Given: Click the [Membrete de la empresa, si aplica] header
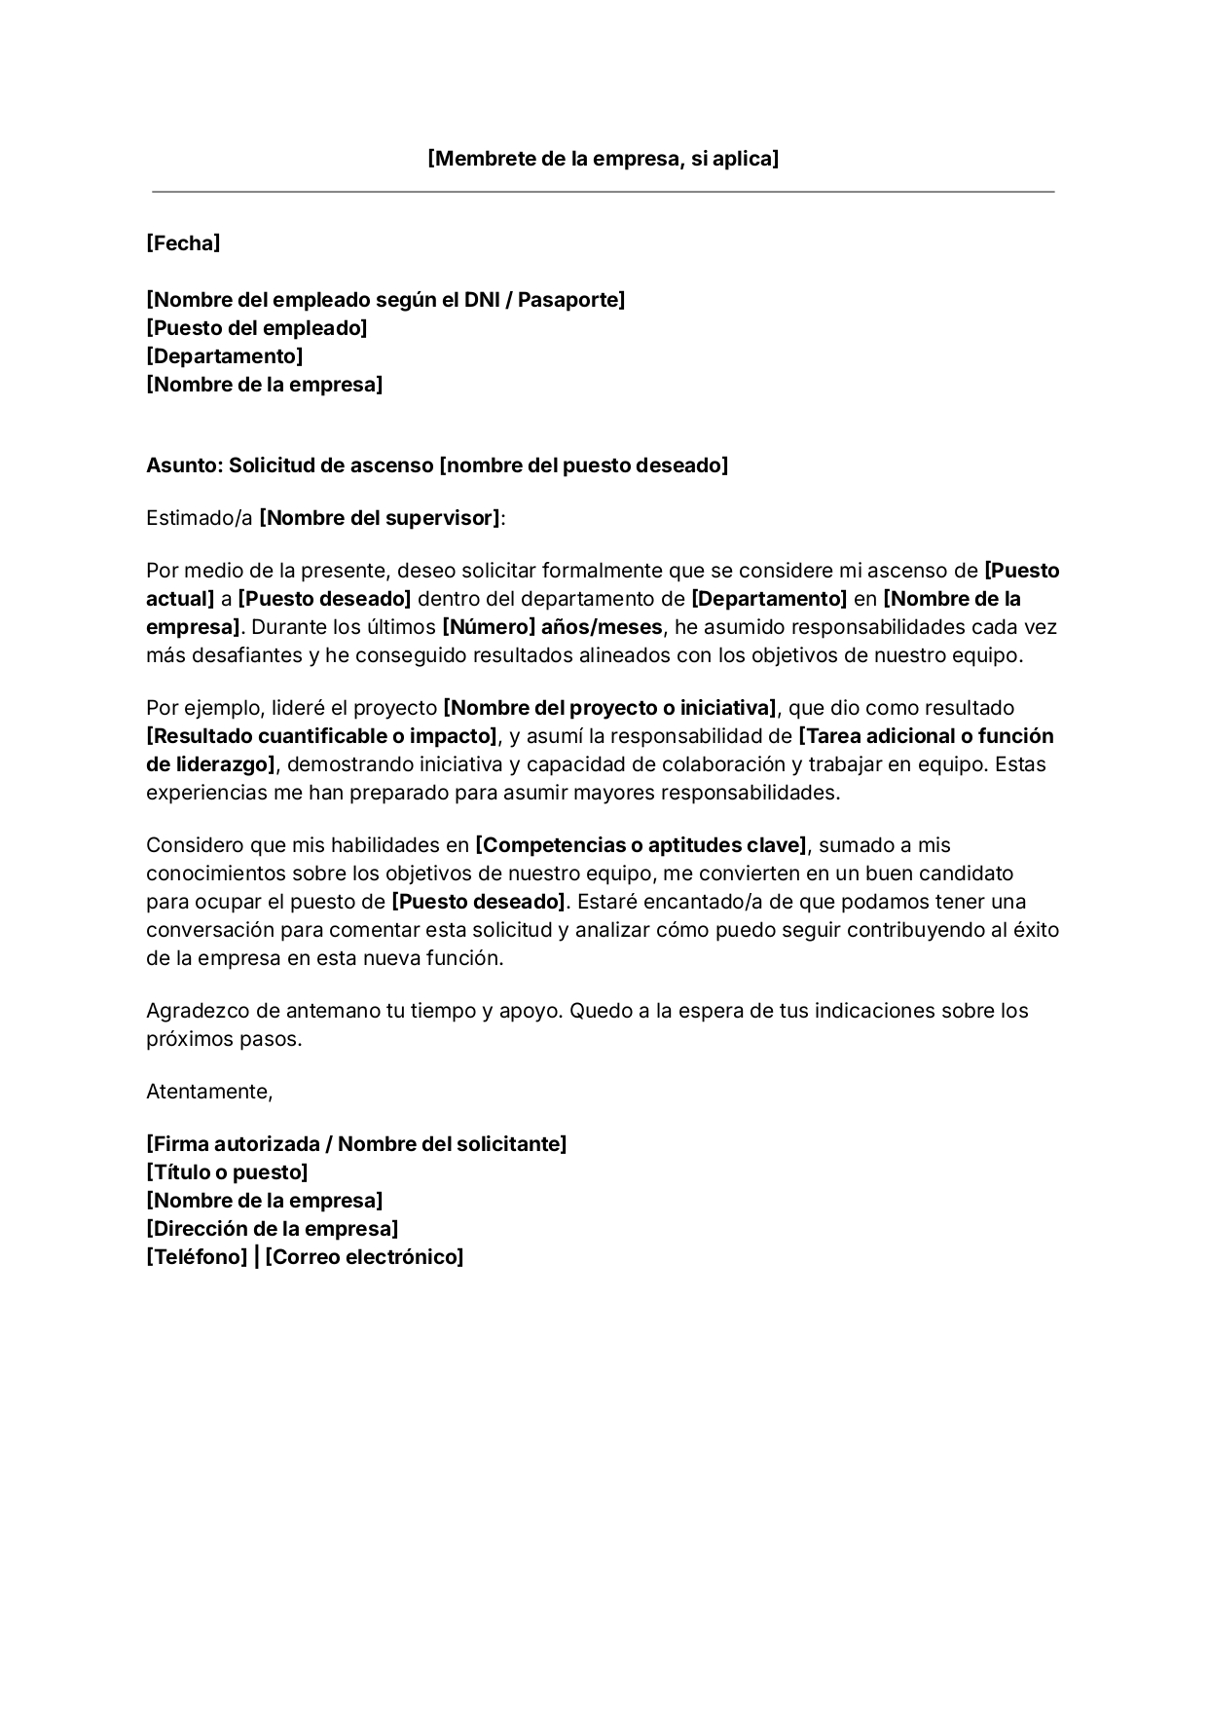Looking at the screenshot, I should (x=603, y=159).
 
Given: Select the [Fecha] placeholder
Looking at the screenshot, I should (x=183, y=243).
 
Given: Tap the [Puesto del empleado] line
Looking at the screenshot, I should (x=257, y=328).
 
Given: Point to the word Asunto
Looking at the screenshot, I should (x=183, y=465).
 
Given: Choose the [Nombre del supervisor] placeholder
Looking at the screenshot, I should (x=380, y=518).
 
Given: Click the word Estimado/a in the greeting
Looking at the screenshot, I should (x=199, y=518).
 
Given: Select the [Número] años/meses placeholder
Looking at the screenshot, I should (x=552, y=627).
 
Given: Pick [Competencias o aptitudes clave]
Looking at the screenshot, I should (x=641, y=845).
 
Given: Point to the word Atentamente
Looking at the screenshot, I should (x=209, y=1092).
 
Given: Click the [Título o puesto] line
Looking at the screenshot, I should (x=227, y=1172).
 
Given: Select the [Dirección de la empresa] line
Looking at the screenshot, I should (x=273, y=1229).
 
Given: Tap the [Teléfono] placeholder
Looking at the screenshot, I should (x=197, y=1257).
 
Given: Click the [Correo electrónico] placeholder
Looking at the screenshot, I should (x=364, y=1257).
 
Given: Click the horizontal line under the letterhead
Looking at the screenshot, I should (x=603, y=192).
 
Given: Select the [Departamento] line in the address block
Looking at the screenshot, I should (x=225, y=356).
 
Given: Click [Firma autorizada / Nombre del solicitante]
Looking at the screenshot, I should (x=356, y=1144).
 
